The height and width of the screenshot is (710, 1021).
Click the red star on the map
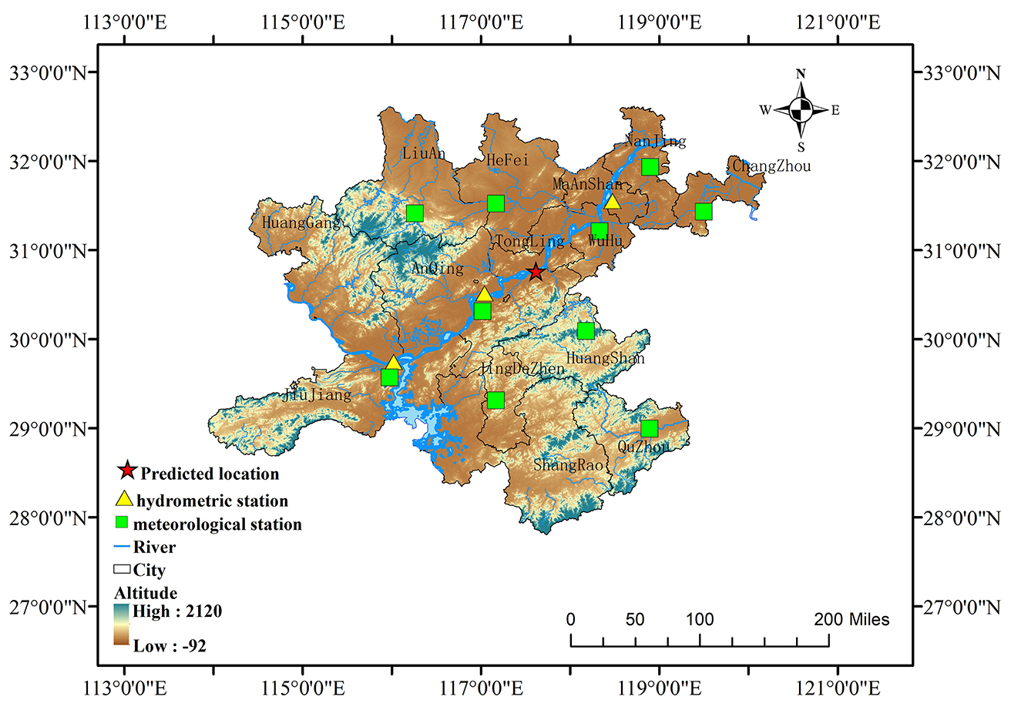536,272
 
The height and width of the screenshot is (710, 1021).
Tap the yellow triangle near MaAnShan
612,202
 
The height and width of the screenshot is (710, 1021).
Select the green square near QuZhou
649,428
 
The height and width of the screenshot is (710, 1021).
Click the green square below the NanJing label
650,166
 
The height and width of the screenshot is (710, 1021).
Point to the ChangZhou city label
771,166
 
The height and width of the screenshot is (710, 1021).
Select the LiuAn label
423,154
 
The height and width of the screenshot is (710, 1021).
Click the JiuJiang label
317,396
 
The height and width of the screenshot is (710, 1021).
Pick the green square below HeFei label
495,203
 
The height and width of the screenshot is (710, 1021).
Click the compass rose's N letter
801,74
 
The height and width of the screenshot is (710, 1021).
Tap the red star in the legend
127,472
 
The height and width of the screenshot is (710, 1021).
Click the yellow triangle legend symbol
124,500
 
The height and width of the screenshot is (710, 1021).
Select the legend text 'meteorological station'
217,524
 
